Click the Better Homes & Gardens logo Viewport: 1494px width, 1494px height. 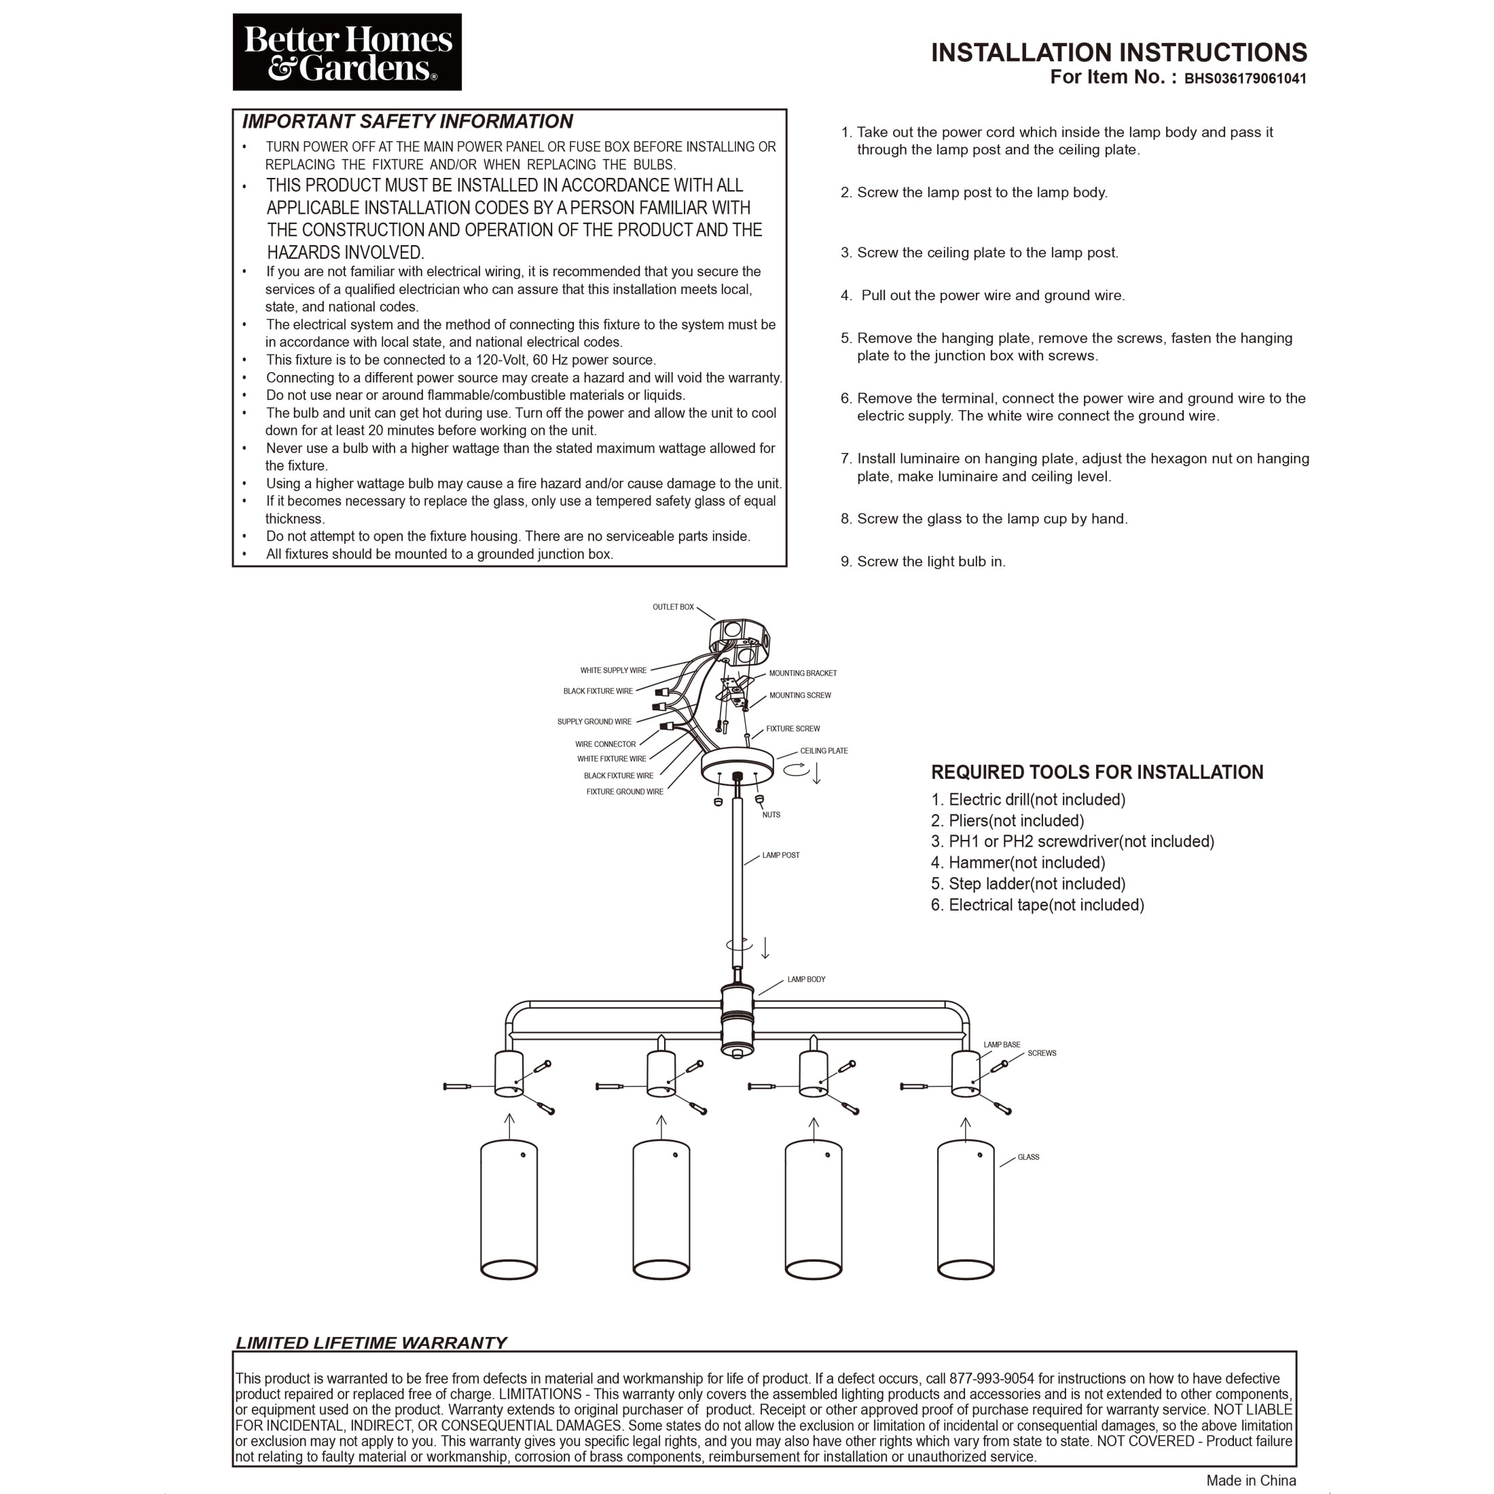(x=346, y=52)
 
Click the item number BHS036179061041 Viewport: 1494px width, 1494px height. (x=1245, y=79)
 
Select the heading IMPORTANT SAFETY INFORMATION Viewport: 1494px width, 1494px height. (x=407, y=122)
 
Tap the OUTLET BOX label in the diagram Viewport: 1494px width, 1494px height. (x=673, y=607)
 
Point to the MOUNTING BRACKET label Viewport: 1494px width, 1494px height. (x=803, y=674)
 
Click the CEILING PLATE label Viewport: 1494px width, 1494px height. (x=824, y=751)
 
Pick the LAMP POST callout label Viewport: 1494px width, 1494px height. (x=780, y=855)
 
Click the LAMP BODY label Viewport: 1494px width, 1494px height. (x=806, y=980)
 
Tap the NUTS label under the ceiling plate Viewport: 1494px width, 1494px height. (x=771, y=815)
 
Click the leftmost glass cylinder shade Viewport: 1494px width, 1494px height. (x=509, y=1210)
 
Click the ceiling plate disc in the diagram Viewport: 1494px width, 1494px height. (x=737, y=765)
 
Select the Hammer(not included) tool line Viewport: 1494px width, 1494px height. (x=1018, y=863)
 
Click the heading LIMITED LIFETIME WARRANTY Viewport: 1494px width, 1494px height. (x=371, y=1343)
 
